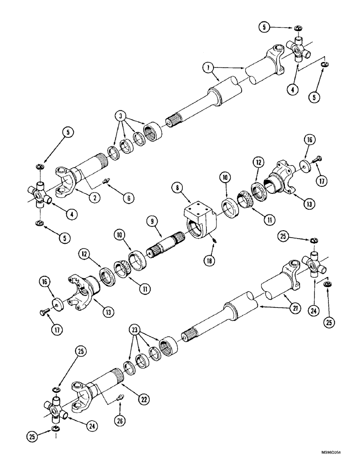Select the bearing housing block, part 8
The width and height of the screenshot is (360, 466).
pos(198,219)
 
